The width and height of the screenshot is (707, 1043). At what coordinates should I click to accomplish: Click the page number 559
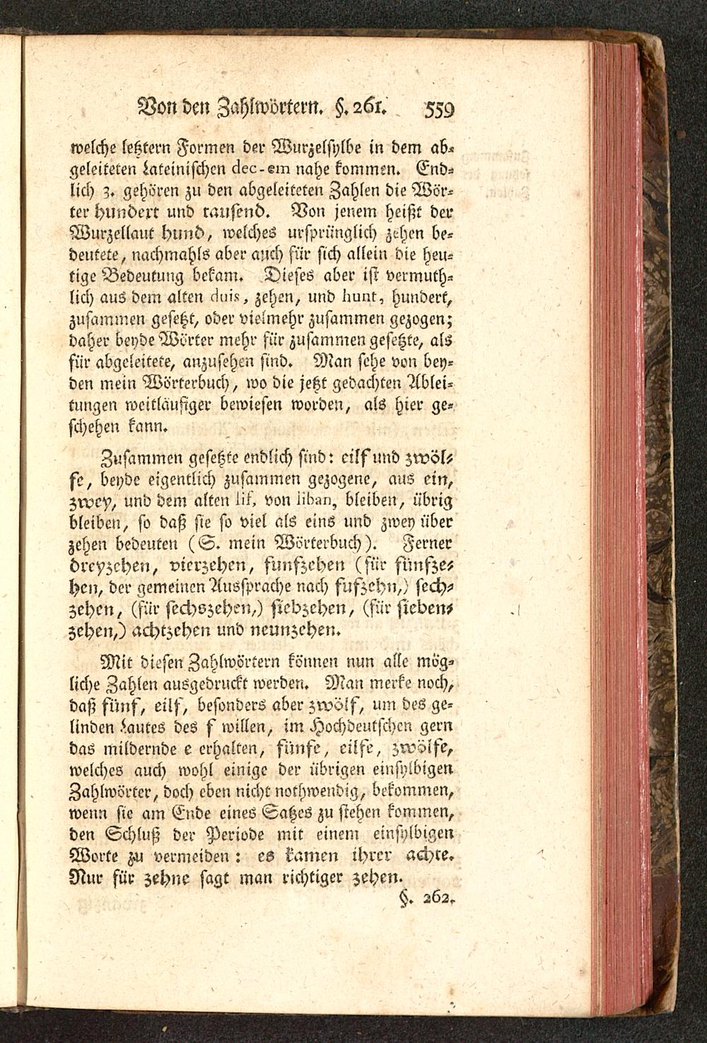click(438, 110)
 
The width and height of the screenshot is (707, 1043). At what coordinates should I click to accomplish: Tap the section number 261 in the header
click(370, 108)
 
